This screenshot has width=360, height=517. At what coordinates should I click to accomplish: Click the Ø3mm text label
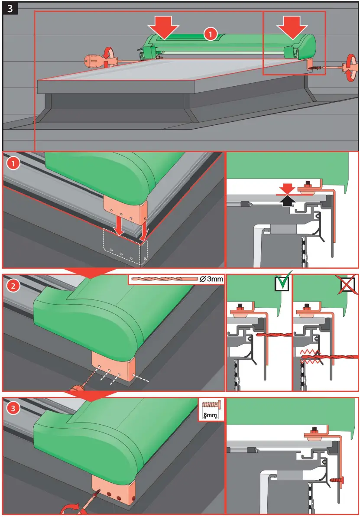tap(212, 279)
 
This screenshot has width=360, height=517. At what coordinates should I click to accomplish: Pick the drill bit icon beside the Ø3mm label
tap(164, 280)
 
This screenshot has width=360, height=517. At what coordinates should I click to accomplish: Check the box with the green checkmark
tap(282, 283)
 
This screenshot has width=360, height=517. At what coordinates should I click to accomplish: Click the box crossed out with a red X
tap(348, 284)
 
